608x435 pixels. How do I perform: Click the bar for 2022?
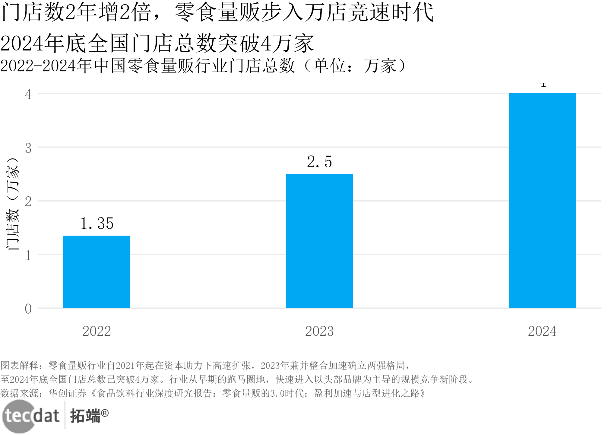[x=97, y=272]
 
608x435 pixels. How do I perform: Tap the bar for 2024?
[x=542, y=201]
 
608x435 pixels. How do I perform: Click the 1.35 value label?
[x=97, y=224]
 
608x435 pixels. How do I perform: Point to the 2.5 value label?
[x=319, y=162]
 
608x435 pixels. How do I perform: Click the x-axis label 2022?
[x=97, y=331]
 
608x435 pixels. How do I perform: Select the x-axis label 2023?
[x=319, y=331]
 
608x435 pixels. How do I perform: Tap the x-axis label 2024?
[x=542, y=331]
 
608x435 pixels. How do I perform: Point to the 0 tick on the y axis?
[x=28, y=309]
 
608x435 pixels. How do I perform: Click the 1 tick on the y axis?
[x=28, y=255]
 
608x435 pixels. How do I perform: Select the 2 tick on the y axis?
[x=28, y=201]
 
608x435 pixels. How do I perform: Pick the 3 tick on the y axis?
[x=28, y=148]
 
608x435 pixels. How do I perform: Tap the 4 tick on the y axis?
[x=28, y=95]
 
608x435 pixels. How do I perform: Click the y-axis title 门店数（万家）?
[x=13, y=204]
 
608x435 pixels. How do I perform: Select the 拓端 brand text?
[x=85, y=416]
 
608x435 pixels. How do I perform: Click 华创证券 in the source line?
[x=68, y=393]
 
